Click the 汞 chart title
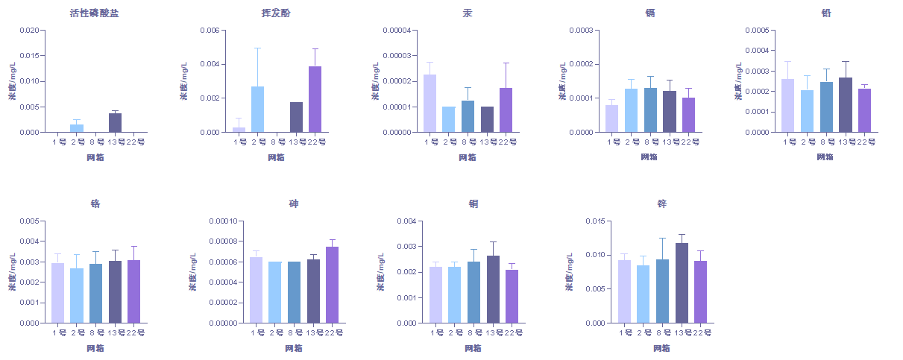[x=467, y=13]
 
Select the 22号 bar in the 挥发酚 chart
[x=315, y=99]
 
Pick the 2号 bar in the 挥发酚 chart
[x=257, y=109]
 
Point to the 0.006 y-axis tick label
[x=210, y=31]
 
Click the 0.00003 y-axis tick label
[x=395, y=56]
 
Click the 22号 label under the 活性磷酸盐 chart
[x=134, y=142]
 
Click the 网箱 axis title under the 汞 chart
[x=467, y=157]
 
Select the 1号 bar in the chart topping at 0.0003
[x=611, y=119]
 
